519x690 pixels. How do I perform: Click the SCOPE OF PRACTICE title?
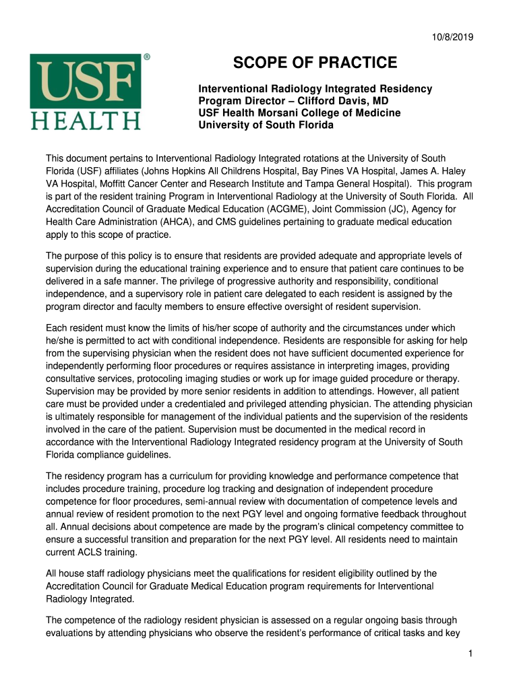[315, 63]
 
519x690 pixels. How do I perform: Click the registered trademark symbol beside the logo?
[146, 59]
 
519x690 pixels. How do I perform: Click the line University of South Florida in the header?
[266, 125]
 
